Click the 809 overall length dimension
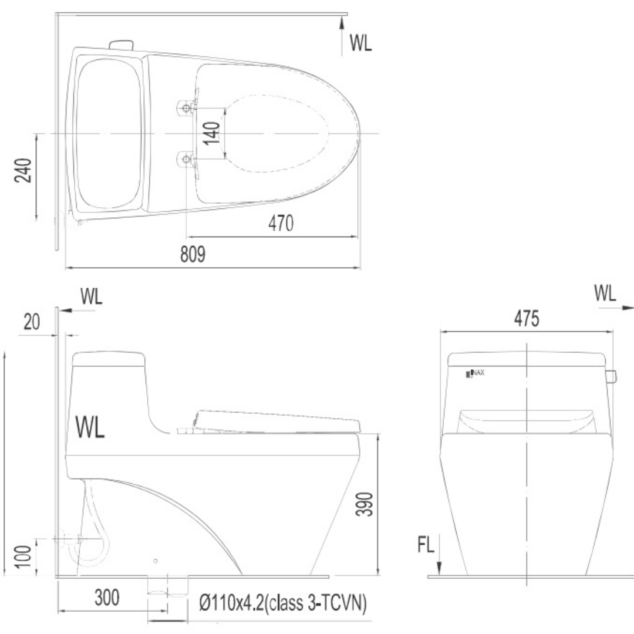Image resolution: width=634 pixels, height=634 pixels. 193,254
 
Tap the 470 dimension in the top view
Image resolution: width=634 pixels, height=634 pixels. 281,223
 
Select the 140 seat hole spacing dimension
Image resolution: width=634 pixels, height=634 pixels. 211,133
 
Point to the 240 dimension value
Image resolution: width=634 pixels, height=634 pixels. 23,170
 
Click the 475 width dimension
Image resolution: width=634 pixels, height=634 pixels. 527,318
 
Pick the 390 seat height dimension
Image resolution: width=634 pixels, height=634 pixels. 363,504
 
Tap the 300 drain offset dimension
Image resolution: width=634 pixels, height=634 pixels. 107,598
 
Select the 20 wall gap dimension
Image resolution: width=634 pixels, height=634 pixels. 32,322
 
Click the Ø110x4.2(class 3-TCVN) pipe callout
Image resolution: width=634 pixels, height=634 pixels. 282,603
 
